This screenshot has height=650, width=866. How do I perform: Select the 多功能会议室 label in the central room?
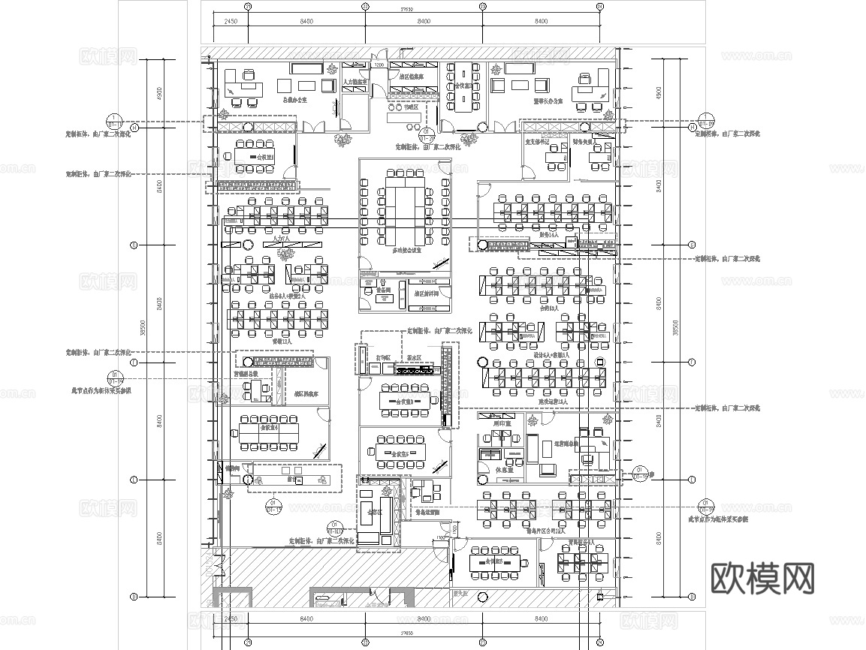(405, 251)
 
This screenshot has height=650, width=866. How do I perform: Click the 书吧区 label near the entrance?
(409, 107)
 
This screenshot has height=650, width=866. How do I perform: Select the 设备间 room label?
(384, 290)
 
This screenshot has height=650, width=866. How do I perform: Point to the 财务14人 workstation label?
(549, 235)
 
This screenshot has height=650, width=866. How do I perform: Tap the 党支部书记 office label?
(537, 141)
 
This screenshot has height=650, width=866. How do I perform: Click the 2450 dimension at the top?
(230, 22)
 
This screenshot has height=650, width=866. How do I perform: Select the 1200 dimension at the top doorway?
(379, 65)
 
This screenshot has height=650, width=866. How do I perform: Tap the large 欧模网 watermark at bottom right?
(762, 578)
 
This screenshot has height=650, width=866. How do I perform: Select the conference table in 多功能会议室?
(405, 202)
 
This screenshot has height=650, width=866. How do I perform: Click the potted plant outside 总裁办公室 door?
(342, 140)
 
